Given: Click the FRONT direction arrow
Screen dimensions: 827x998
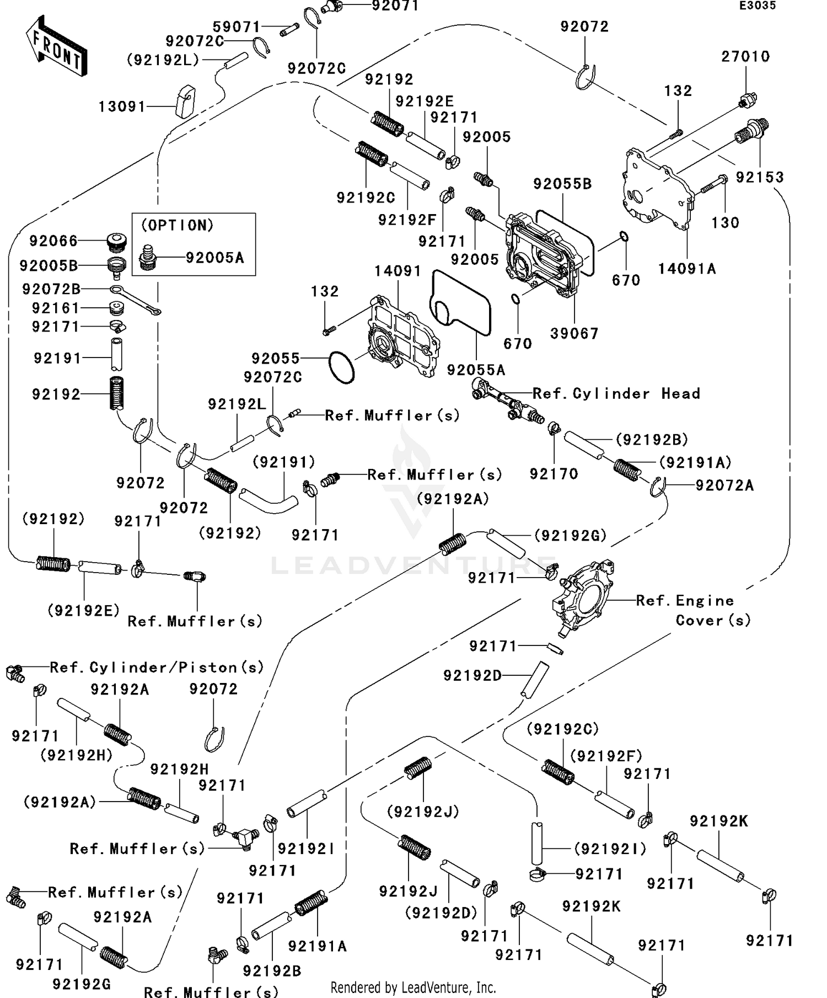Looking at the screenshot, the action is point(56,46).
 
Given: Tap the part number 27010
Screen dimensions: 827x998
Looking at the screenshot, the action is point(745,56).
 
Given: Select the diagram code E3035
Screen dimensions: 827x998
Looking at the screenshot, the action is point(758,6).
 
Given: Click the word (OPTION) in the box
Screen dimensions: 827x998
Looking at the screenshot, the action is point(177,226).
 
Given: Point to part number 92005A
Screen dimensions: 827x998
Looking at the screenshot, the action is point(214,258).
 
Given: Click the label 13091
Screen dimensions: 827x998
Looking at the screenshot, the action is point(122,106).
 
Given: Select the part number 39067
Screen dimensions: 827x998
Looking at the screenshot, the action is point(574,333).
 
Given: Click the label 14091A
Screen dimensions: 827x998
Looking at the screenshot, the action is point(687,269).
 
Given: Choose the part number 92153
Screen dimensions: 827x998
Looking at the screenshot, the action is point(760,177).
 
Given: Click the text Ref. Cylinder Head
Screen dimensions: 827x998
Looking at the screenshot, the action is point(616,393).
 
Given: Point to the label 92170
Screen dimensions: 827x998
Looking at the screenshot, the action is point(554,474).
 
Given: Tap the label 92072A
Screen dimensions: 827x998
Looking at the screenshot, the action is point(724,485).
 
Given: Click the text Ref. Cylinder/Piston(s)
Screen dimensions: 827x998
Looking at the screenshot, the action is point(157,668).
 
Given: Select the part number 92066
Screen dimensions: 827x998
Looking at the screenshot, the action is point(53,241).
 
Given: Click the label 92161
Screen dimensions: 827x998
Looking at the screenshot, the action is point(56,308).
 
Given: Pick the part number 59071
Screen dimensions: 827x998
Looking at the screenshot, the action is point(237,26).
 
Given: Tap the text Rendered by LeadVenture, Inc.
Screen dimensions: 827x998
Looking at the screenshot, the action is point(413,987).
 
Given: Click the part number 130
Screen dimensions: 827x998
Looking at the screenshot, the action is point(725,222).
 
